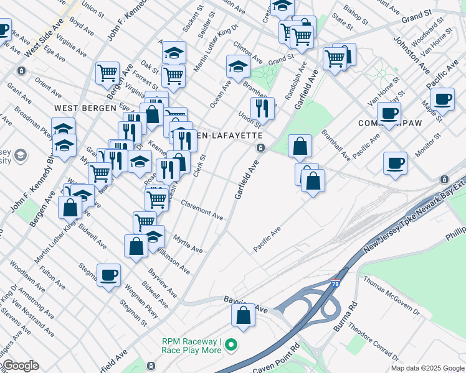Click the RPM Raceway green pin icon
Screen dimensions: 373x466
(231, 344)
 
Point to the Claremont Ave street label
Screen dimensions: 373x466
(202, 210)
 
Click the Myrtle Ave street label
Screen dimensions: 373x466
(188, 244)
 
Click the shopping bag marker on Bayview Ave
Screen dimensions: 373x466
(243, 314)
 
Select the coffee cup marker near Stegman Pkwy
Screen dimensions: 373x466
(108, 275)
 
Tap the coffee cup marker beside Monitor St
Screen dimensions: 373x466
(395, 163)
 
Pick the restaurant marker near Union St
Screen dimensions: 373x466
(262, 108)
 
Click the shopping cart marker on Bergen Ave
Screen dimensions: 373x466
(107, 72)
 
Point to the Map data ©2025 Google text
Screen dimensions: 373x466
(427, 368)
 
